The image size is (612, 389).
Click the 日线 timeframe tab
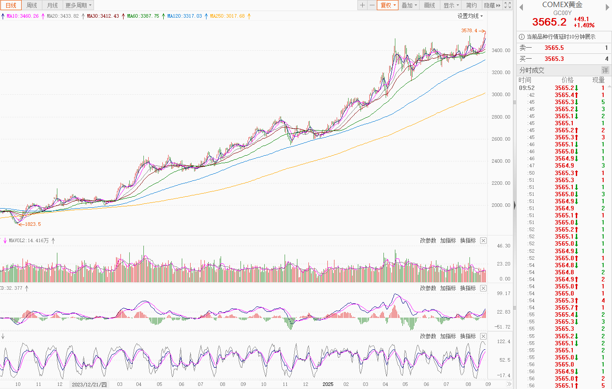tap(11, 5)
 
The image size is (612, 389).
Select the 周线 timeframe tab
tap(32, 5)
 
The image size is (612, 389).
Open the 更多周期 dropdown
tap(79, 5)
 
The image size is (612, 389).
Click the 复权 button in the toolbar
tap(388, 5)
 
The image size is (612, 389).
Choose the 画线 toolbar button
tap(429, 5)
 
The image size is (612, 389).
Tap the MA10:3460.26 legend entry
tap(23, 16)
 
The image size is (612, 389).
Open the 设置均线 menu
tap(469, 16)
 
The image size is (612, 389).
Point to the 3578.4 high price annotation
tap(469, 31)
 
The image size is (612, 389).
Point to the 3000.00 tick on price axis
tap(501, 95)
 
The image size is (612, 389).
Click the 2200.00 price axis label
tap(501, 183)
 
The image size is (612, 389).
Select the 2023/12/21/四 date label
tap(89, 384)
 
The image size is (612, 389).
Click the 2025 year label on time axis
tap(328, 384)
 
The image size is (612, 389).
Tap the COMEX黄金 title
tap(562, 5)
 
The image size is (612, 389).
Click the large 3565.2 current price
tap(549, 22)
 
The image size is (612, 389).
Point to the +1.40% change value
tap(584, 26)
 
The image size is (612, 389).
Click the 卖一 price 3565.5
tap(554, 48)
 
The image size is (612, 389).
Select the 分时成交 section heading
tap(532, 70)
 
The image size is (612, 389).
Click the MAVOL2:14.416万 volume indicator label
tap(29, 241)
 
